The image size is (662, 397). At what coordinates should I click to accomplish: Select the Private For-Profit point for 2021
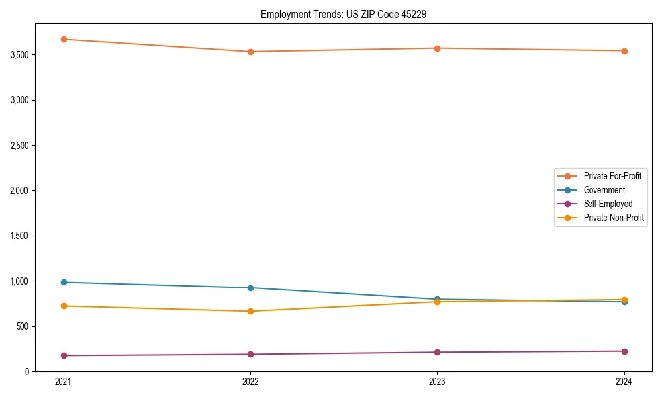(x=64, y=39)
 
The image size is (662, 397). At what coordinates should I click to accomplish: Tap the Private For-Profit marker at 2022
(x=250, y=52)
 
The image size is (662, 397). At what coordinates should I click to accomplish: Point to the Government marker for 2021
(x=64, y=282)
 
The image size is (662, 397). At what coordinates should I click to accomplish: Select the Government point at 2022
(x=250, y=288)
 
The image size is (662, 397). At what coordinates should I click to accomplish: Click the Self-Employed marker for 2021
(x=64, y=355)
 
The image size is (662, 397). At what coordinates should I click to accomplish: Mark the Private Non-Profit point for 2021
(x=64, y=306)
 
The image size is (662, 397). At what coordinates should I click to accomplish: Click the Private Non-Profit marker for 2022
(x=250, y=311)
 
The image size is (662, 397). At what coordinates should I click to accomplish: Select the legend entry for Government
(x=604, y=190)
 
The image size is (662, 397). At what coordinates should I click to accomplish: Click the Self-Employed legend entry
(x=608, y=204)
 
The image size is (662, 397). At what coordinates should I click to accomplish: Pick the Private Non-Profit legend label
(x=614, y=218)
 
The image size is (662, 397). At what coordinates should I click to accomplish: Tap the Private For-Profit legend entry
(x=612, y=176)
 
